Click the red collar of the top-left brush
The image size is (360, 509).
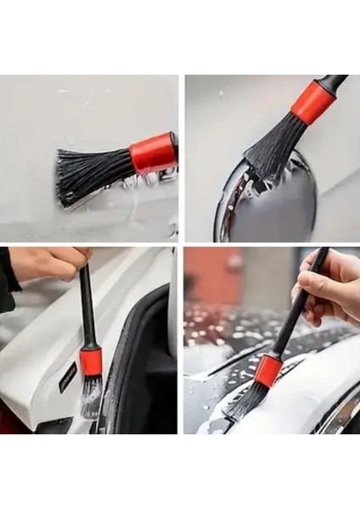[153, 154]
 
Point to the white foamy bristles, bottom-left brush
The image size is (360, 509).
[90, 399]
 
